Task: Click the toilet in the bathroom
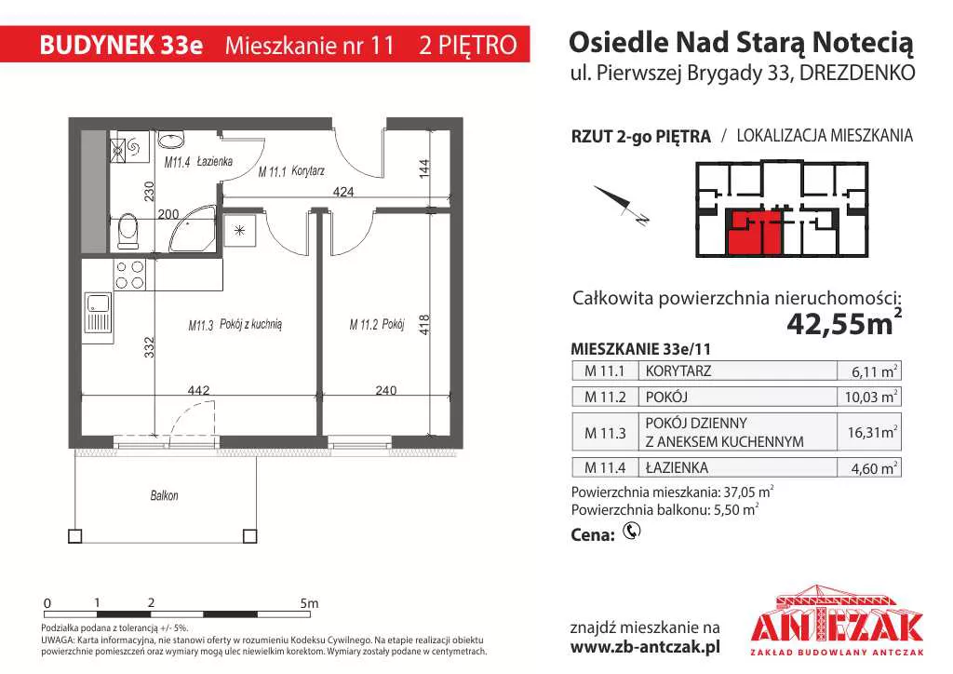128,231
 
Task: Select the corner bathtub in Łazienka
194,228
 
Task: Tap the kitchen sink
98,313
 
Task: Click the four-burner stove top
129,275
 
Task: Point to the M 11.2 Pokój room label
377,325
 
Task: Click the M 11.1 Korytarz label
291,171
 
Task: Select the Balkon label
164,495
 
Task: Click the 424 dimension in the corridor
342,192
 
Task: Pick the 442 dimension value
199,390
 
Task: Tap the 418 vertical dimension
424,325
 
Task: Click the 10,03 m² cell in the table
870,397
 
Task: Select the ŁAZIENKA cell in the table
677,468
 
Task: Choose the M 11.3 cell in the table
605,433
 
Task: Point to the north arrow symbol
621,205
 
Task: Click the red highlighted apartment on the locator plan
754,233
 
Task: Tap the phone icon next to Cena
632,532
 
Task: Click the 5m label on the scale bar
309,603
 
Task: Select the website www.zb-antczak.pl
646,647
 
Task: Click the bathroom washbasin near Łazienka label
171,141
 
